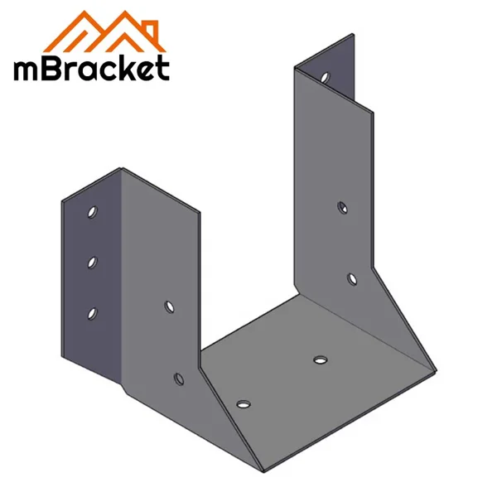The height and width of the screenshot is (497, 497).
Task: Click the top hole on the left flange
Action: click(x=92, y=212)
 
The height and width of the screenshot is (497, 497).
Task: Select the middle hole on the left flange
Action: click(x=92, y=262)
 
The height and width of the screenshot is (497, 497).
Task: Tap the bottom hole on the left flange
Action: click(x=92, y=312)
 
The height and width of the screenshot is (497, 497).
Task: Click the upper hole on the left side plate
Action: click(x=169, y=306)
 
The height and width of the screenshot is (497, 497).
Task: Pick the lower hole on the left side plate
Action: click(x=176, y=379)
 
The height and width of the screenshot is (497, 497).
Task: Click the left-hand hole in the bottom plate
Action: click(x=242, y=404)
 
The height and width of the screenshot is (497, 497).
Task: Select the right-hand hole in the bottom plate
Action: click(x=321, y=359)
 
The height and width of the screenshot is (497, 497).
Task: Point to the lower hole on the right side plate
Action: click(x=350, y=279)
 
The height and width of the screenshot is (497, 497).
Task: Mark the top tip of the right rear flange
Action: click(x=356, y=34)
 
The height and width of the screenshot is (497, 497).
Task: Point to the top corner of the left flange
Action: click(x=122, y=170)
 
